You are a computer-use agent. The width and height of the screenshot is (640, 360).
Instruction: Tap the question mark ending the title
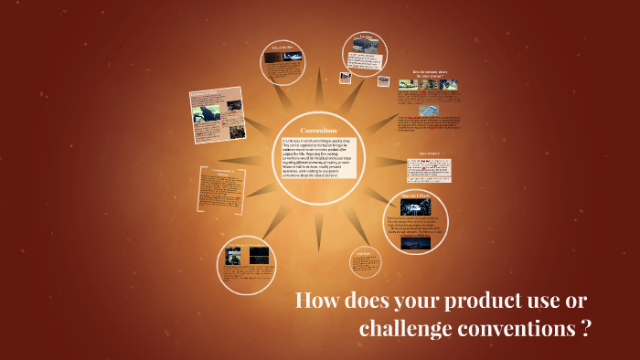click(585, 330)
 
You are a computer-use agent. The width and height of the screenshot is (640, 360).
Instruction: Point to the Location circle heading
click(367, 37)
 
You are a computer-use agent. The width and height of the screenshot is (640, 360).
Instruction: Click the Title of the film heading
click(282, 47)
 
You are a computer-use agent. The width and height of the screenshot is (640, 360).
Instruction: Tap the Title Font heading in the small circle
click(362, 252)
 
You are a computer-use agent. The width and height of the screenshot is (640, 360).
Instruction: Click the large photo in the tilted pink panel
click(211, 118)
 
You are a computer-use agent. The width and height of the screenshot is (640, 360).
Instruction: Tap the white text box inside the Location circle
click(367, 66)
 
